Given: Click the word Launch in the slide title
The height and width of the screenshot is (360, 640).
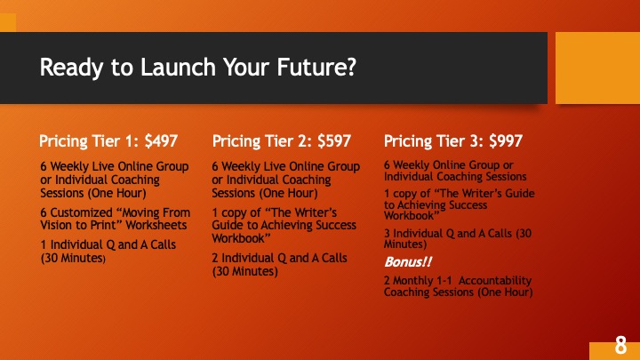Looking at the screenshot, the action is pyautogui.click(x=178, y=68).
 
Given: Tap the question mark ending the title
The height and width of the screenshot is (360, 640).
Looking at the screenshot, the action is pyautogui.click(x=351, y=67).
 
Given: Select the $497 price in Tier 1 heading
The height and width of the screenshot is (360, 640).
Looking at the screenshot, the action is pyautogui.click(x=161, y=141).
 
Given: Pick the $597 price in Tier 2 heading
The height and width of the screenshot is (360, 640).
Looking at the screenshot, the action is pyautogui.click(x=334, y=141).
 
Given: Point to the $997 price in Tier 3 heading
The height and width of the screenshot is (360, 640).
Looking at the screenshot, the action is pyautogui.click(x=506, y=141).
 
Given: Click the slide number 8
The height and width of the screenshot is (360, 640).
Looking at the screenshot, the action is pyautogui.click(x=620, y=346).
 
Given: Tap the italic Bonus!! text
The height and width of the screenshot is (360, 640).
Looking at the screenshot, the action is pyautogui.click(x=408, y=262).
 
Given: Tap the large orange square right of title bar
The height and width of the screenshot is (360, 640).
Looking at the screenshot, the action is pyautogui.click(x=597, y=68).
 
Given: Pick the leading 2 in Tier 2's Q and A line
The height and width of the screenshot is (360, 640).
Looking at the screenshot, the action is pyautogui.click(x=215, y=258).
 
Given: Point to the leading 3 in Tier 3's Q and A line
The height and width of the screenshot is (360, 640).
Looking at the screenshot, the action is pyautogui.click(x=387, y=234).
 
